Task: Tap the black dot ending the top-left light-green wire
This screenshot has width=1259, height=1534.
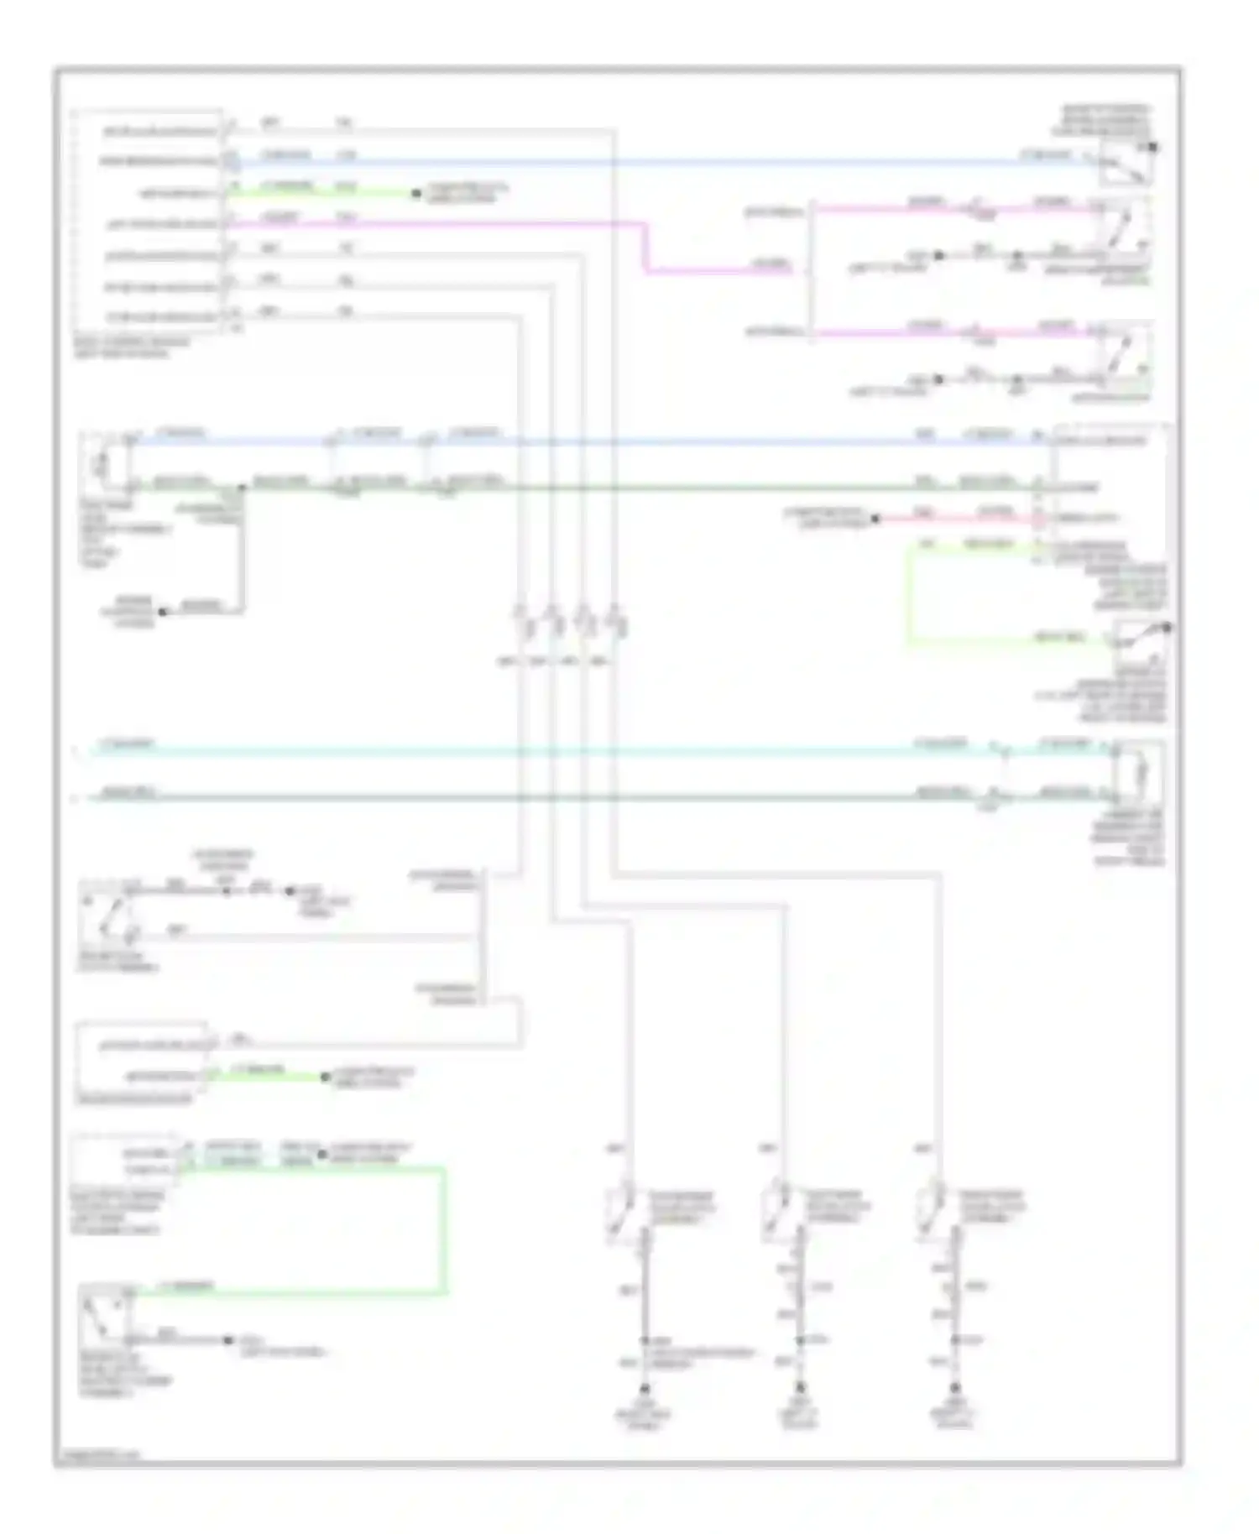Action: click(415, 194)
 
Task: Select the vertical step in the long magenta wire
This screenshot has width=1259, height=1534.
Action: click(646, 248)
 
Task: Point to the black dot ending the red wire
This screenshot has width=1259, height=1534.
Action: click(875, 519)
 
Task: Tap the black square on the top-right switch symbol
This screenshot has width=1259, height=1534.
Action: click(1154, 148)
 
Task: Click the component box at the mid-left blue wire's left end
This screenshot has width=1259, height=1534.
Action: click(105, 462)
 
